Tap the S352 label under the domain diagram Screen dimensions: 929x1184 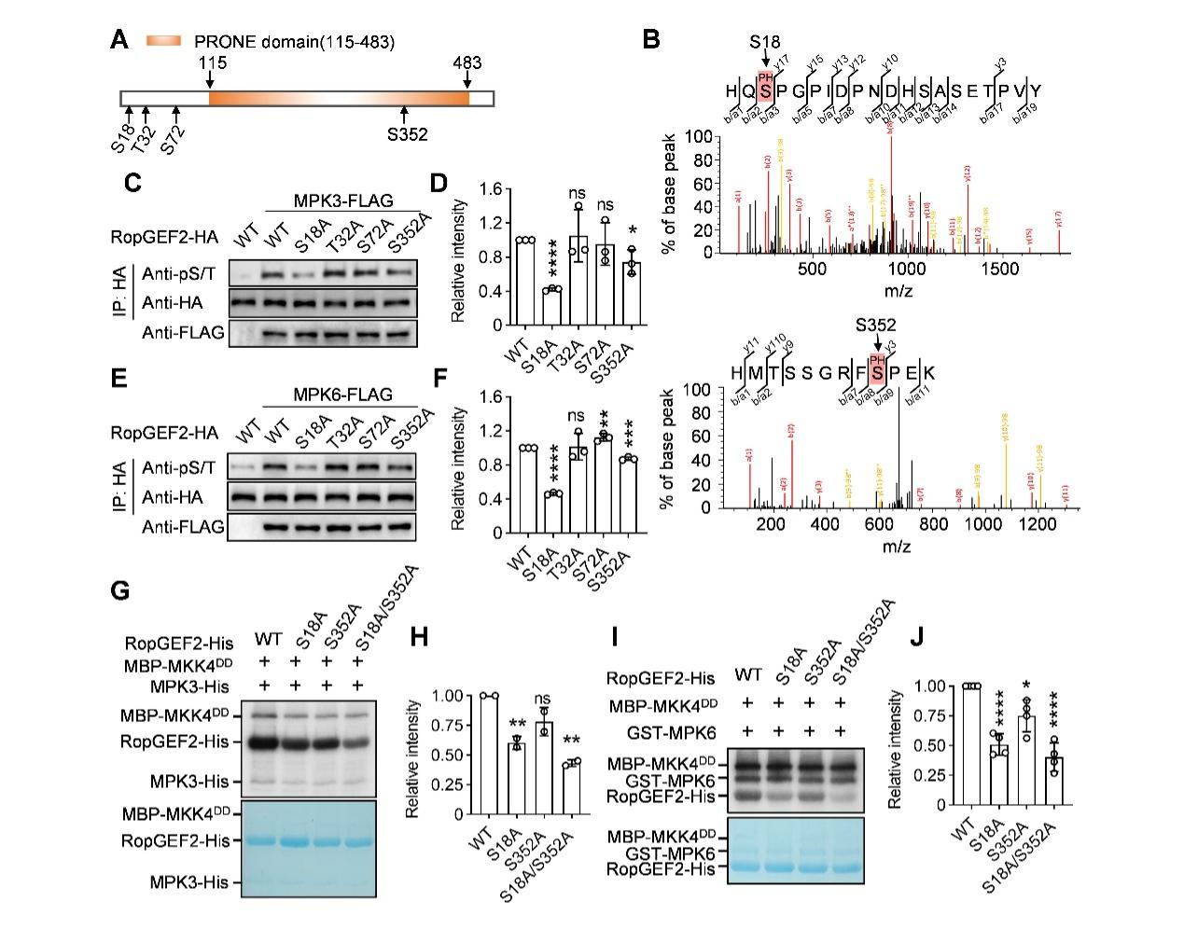coord(407,134)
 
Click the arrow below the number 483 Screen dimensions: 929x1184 coord(467,79)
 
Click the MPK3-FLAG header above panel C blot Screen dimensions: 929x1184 coord(343,201)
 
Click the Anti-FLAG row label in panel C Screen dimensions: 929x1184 coord(183,333)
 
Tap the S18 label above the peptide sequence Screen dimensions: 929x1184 coord(765,42)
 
